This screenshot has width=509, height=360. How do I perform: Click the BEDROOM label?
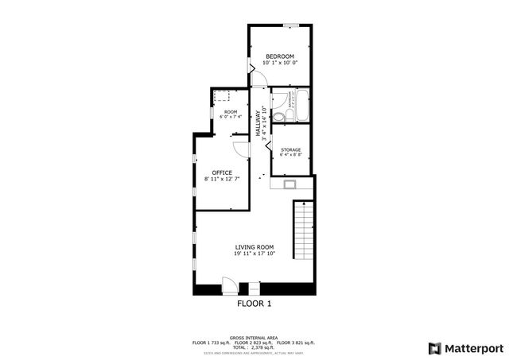tap(280, 56)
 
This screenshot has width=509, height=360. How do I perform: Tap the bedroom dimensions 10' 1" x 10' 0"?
tap(280, 63)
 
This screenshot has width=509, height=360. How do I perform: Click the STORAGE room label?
tap(290, 149)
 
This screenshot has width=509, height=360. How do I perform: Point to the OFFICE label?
tap(222, 172)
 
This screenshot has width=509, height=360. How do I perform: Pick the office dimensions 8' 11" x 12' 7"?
tap(222, 180)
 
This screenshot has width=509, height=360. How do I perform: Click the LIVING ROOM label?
tap(254, 247)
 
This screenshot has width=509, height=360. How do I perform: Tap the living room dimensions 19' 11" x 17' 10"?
tap(254, 254)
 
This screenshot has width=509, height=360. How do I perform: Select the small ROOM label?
tap(230, 112)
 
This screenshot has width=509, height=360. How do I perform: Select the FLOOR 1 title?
tap(254, 304)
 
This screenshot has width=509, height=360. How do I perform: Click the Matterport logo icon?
tap(434, 347)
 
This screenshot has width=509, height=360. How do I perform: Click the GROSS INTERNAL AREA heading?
tap(254, 337)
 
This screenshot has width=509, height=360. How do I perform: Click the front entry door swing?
tap(229, 281)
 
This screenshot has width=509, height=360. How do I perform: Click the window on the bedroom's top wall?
tap(293, 27)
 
